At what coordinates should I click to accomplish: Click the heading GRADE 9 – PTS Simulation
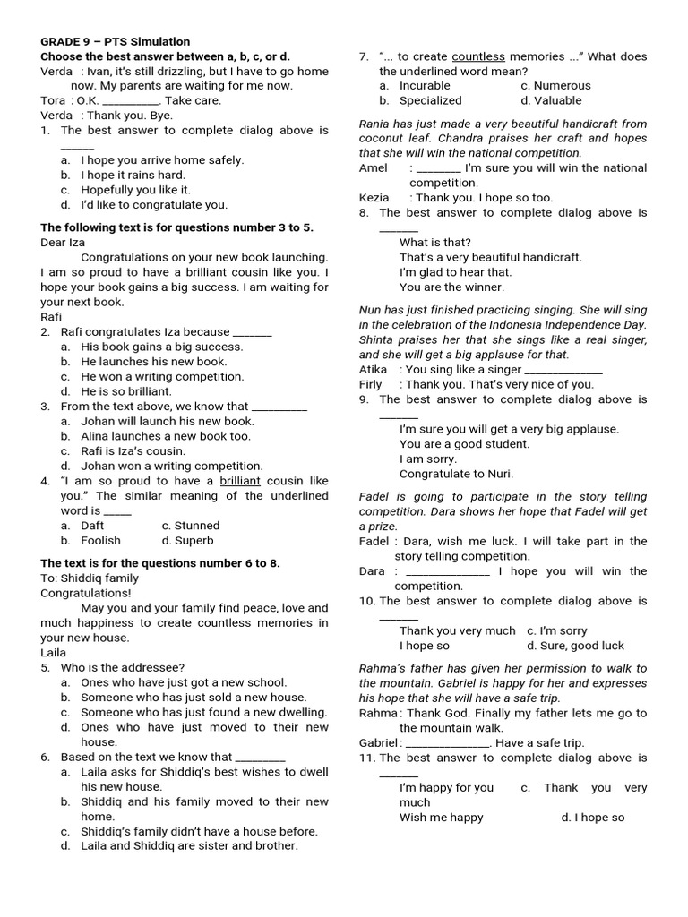(x=116, y=41)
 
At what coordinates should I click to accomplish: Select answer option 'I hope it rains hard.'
(x=133, y=176)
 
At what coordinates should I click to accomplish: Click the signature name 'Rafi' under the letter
(x=51, y=316)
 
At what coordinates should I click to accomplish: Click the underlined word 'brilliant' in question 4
(x=239, y=481)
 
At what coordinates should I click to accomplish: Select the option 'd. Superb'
(x=188, y=541)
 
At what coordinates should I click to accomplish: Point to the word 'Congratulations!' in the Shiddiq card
(x=86, y=593)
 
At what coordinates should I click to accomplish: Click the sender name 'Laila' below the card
(x=54, y=653)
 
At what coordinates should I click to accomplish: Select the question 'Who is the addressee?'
(x=123, y=667)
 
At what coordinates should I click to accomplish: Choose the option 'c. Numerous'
(x=555, y=86)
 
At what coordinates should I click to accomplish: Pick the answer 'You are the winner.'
(x=451, y=287)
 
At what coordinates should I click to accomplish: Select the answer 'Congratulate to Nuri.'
(x=456, y=474)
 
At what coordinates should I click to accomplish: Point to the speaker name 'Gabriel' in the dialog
(x=378, y=742)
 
